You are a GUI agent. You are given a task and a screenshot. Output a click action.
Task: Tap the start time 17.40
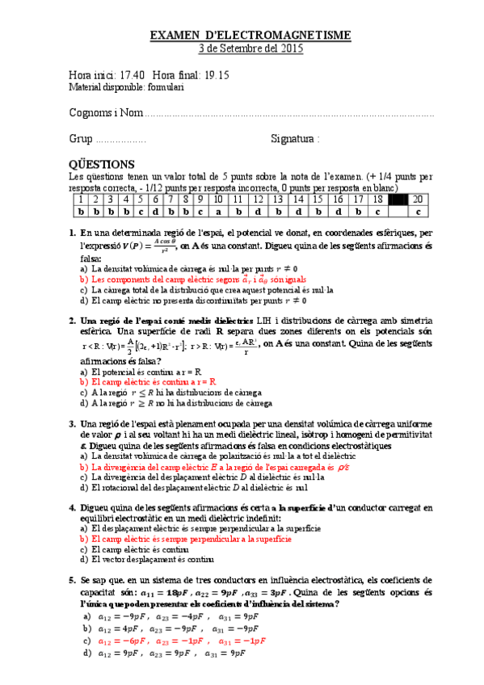132,74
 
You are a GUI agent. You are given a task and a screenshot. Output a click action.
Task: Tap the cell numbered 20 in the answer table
417,200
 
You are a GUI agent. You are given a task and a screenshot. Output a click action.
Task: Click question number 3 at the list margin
73,423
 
